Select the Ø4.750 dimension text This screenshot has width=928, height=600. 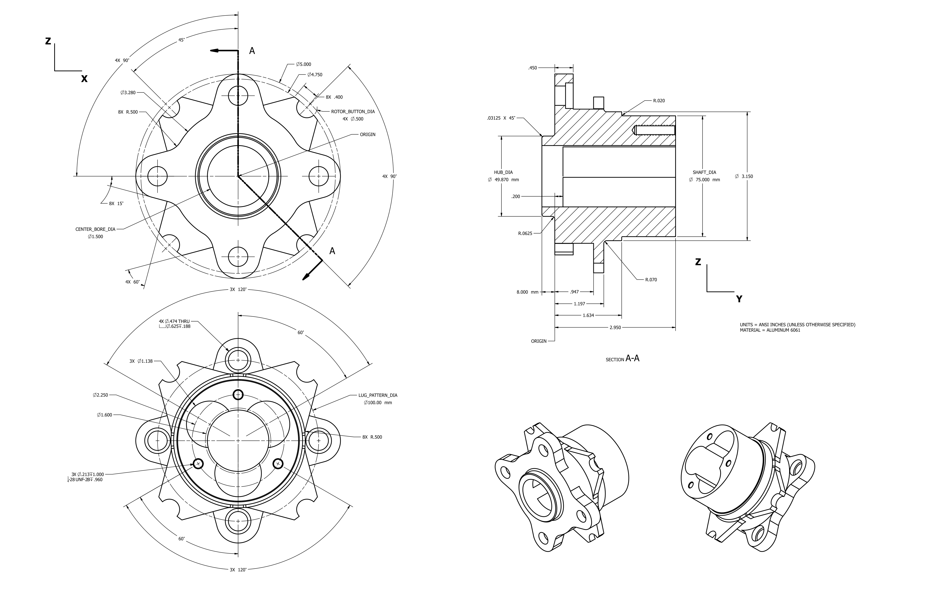315,74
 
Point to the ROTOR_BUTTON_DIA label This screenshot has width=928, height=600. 353,111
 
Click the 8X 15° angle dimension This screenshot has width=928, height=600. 116,203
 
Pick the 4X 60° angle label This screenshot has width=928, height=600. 132,282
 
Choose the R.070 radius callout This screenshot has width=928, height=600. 651,280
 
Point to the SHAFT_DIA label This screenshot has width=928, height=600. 704,172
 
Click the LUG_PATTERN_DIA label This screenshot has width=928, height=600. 378,395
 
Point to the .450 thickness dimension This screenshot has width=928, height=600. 533,68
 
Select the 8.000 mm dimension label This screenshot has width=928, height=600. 527,292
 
